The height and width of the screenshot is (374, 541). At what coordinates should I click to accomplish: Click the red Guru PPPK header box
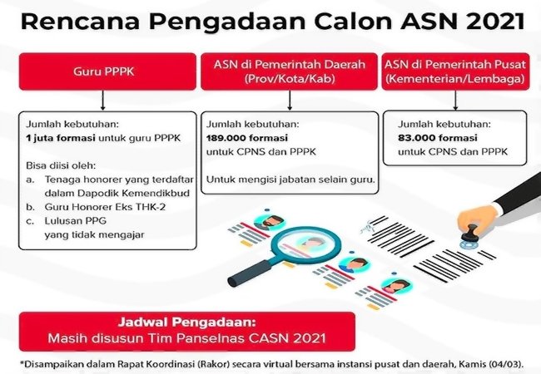(102, 71)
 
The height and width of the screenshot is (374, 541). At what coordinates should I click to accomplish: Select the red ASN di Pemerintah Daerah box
(289, 71)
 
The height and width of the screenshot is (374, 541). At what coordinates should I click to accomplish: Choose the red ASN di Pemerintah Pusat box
(454, 71)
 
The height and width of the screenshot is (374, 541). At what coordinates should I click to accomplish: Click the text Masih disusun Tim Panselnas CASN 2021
(179, 338)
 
